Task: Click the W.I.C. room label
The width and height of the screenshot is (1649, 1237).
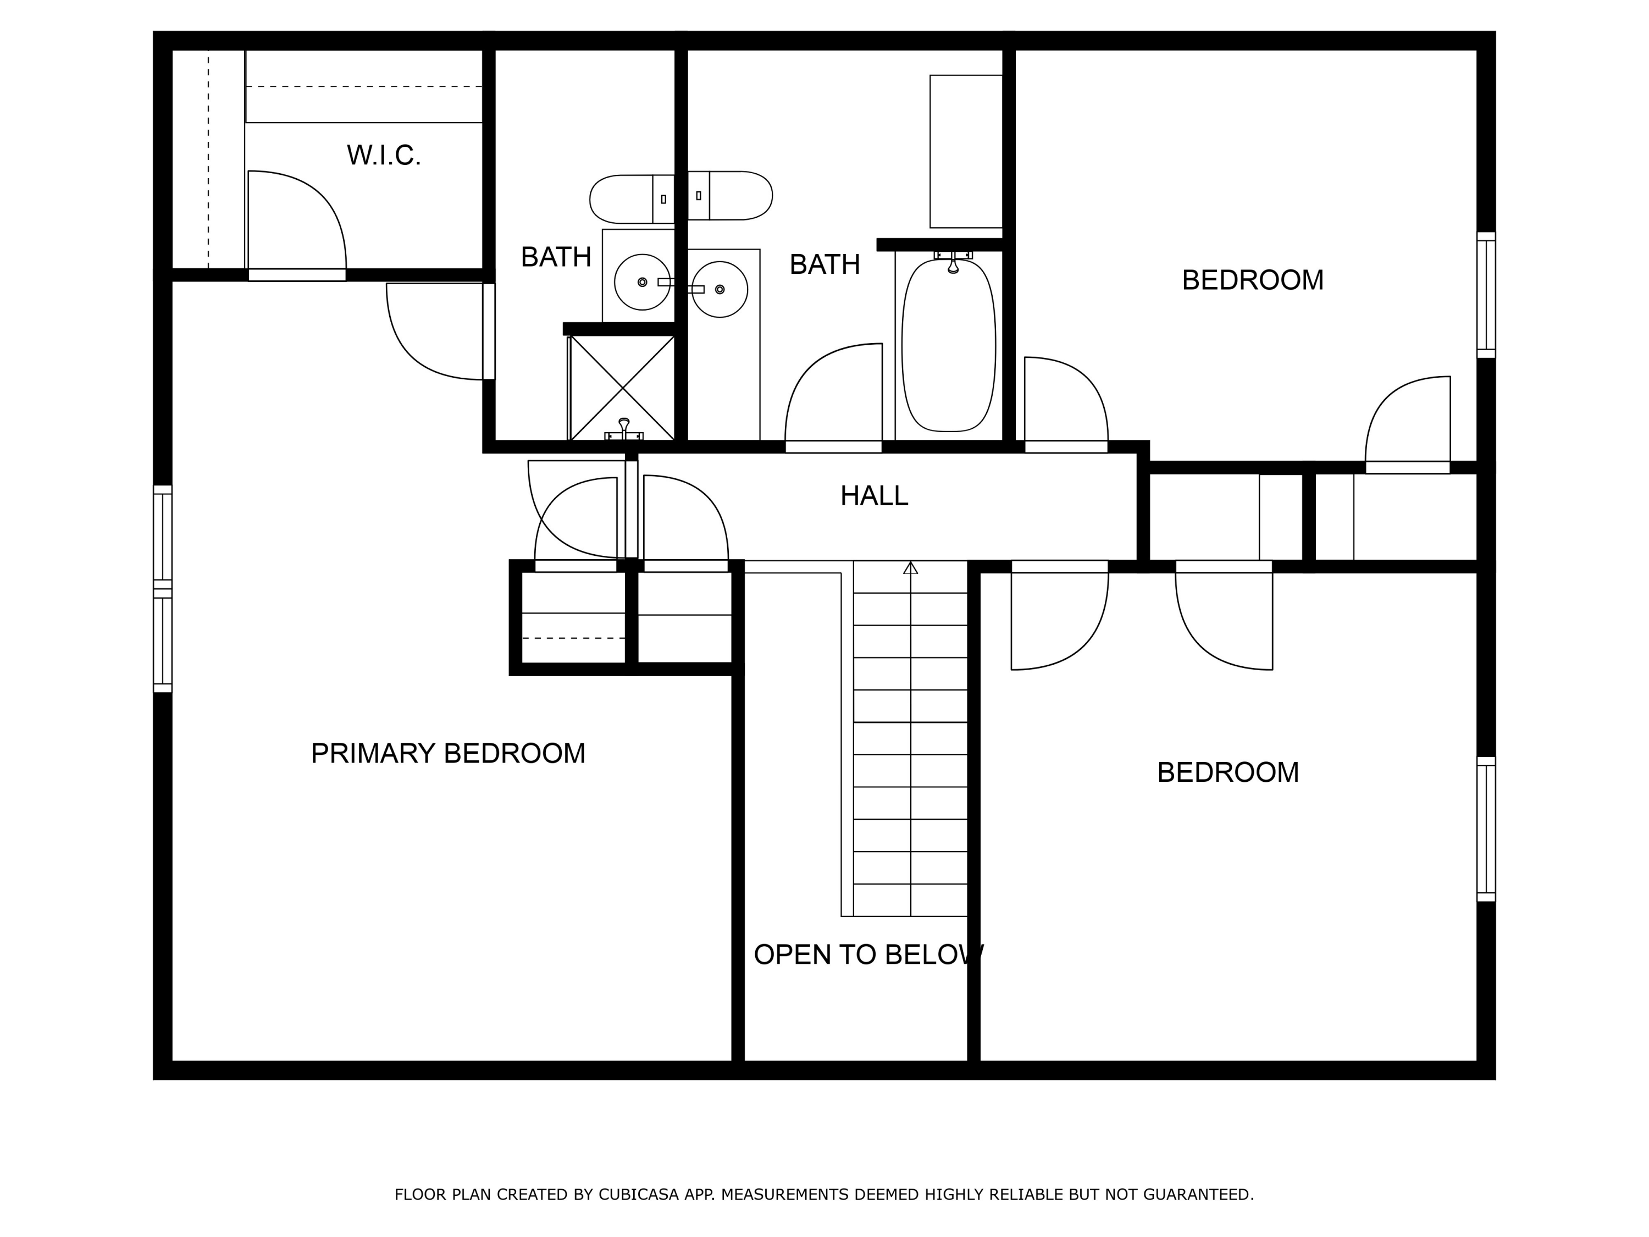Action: [x=383, y=155]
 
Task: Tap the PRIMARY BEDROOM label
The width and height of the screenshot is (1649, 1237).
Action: [x=447, y=753]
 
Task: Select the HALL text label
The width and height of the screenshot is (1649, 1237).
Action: [x=874, y=496]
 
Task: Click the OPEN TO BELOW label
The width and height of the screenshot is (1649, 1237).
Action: [x=868, y=954]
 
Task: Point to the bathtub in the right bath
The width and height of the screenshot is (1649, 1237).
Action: [x=948, y=345]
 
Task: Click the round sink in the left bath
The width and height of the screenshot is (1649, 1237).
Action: [x=642, y=282]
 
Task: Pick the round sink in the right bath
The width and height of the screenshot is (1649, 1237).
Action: [x=720, y=289]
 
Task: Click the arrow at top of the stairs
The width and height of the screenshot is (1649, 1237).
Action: [x=910, y=568]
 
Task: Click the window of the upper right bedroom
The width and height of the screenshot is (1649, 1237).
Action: [x=1486, y=295]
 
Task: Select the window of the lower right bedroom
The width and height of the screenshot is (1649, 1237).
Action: [x=1486, y=829]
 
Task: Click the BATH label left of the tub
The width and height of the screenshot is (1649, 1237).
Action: [x=824, y=264]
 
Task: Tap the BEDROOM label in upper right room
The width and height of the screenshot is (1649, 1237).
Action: [x=1252, y=280]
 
